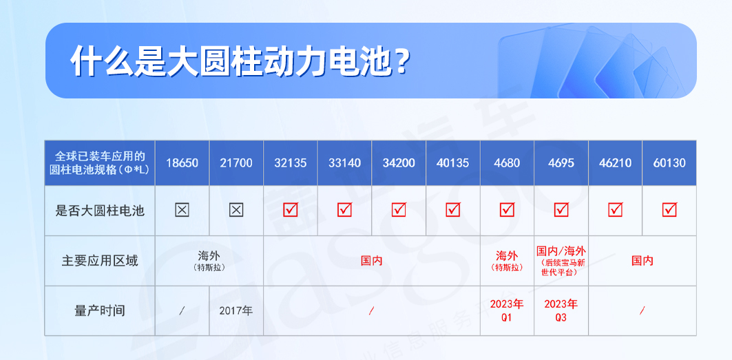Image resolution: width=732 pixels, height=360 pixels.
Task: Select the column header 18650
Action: tap(182, 163)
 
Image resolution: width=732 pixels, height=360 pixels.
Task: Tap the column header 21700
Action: tap(236, 163)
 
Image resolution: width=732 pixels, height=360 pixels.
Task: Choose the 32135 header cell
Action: tap(291, 163)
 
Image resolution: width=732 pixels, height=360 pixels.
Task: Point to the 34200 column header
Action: tap(399, 163)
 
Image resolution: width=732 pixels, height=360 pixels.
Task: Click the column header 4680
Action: tap(507, 163)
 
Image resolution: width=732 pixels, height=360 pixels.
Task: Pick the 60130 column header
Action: tap(669, 163)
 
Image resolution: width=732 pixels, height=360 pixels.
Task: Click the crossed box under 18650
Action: tap(182, 210)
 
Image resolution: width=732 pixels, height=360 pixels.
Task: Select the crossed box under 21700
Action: tap(236, 210)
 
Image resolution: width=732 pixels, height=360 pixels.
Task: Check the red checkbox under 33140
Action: tap(344, 210)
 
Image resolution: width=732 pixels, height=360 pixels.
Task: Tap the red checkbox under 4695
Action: tap(561, 210)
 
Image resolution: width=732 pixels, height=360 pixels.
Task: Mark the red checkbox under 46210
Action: tap(616, 210)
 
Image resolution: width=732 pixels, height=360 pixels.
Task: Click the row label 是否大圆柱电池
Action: tap(100, 211)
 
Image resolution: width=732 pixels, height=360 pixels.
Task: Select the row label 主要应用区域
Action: tap(100, 261)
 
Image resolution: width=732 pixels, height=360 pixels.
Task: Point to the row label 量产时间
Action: tap(100, 310)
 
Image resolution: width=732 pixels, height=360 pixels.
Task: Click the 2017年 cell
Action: tap(236, 310)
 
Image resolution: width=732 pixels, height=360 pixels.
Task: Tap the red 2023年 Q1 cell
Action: tap(507, 310)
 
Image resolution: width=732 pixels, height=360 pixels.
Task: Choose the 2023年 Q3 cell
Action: tap(561, 310)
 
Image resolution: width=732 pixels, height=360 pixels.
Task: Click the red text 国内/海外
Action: tap(561, 251)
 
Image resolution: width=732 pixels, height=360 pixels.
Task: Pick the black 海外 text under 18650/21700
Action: tap(209, 255)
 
